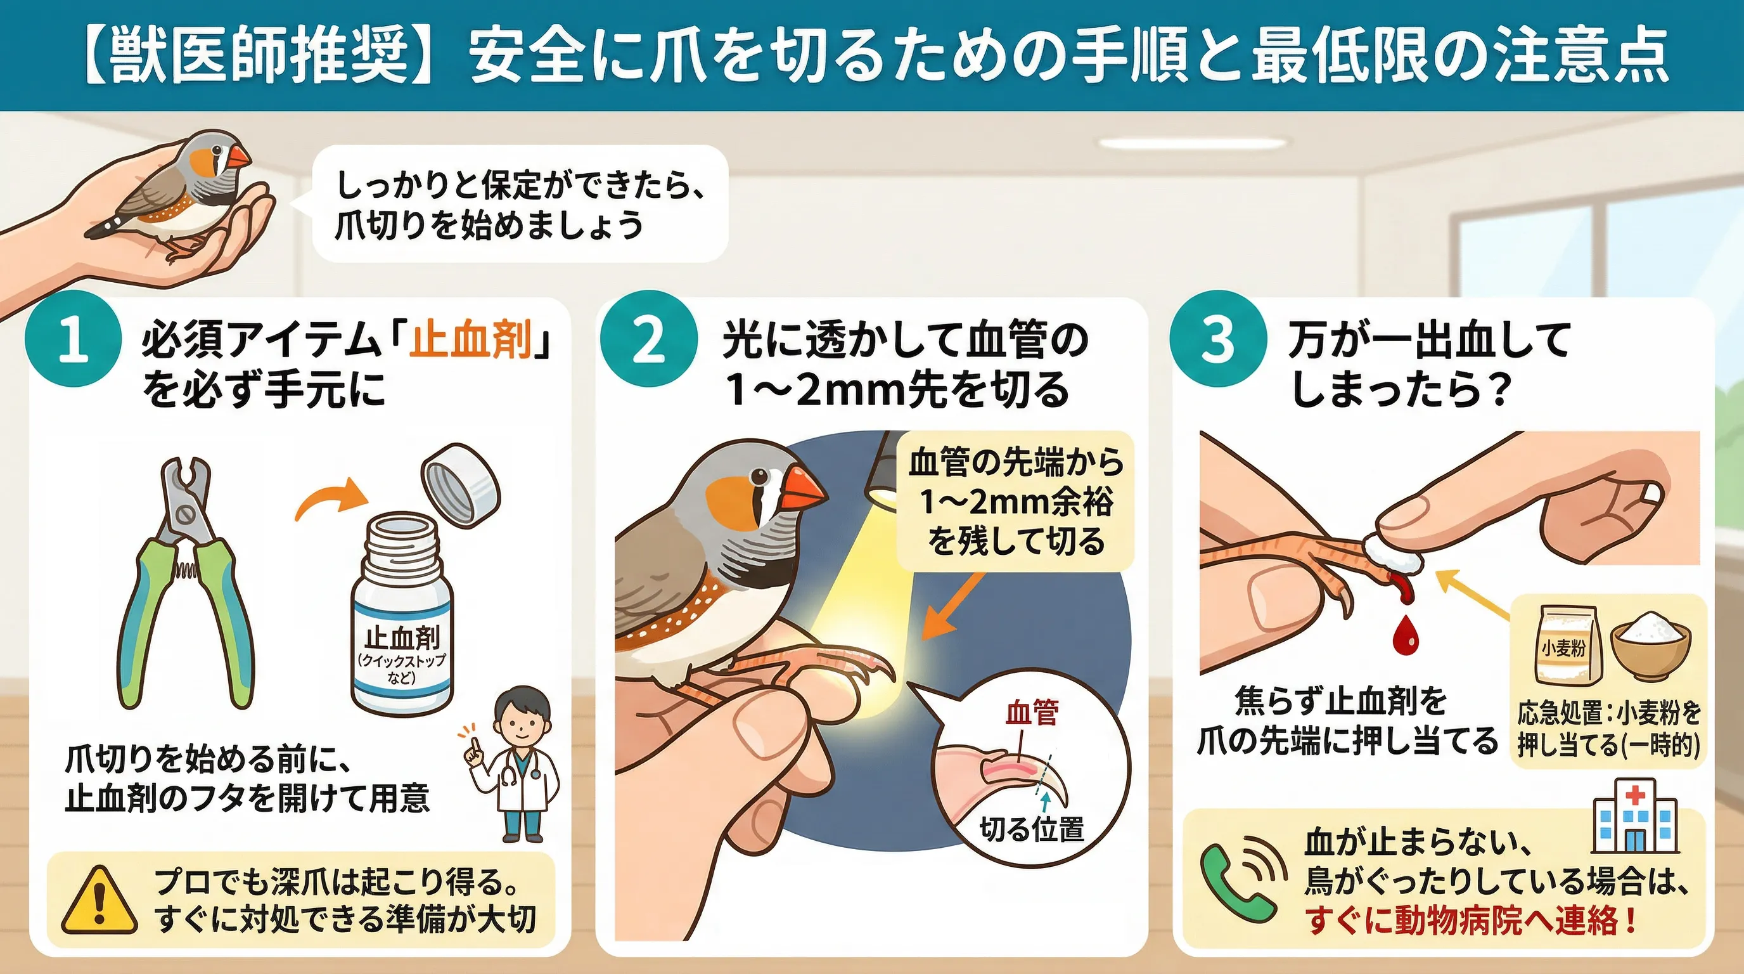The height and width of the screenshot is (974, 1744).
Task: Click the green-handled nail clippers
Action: click(x=186, y=583)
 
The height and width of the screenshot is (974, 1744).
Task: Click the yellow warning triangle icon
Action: click(x=99, y=902)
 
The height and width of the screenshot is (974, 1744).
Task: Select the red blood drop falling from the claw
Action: click(x=1405, y=635)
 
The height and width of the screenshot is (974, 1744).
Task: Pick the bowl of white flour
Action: click(x=1651, y=646)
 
